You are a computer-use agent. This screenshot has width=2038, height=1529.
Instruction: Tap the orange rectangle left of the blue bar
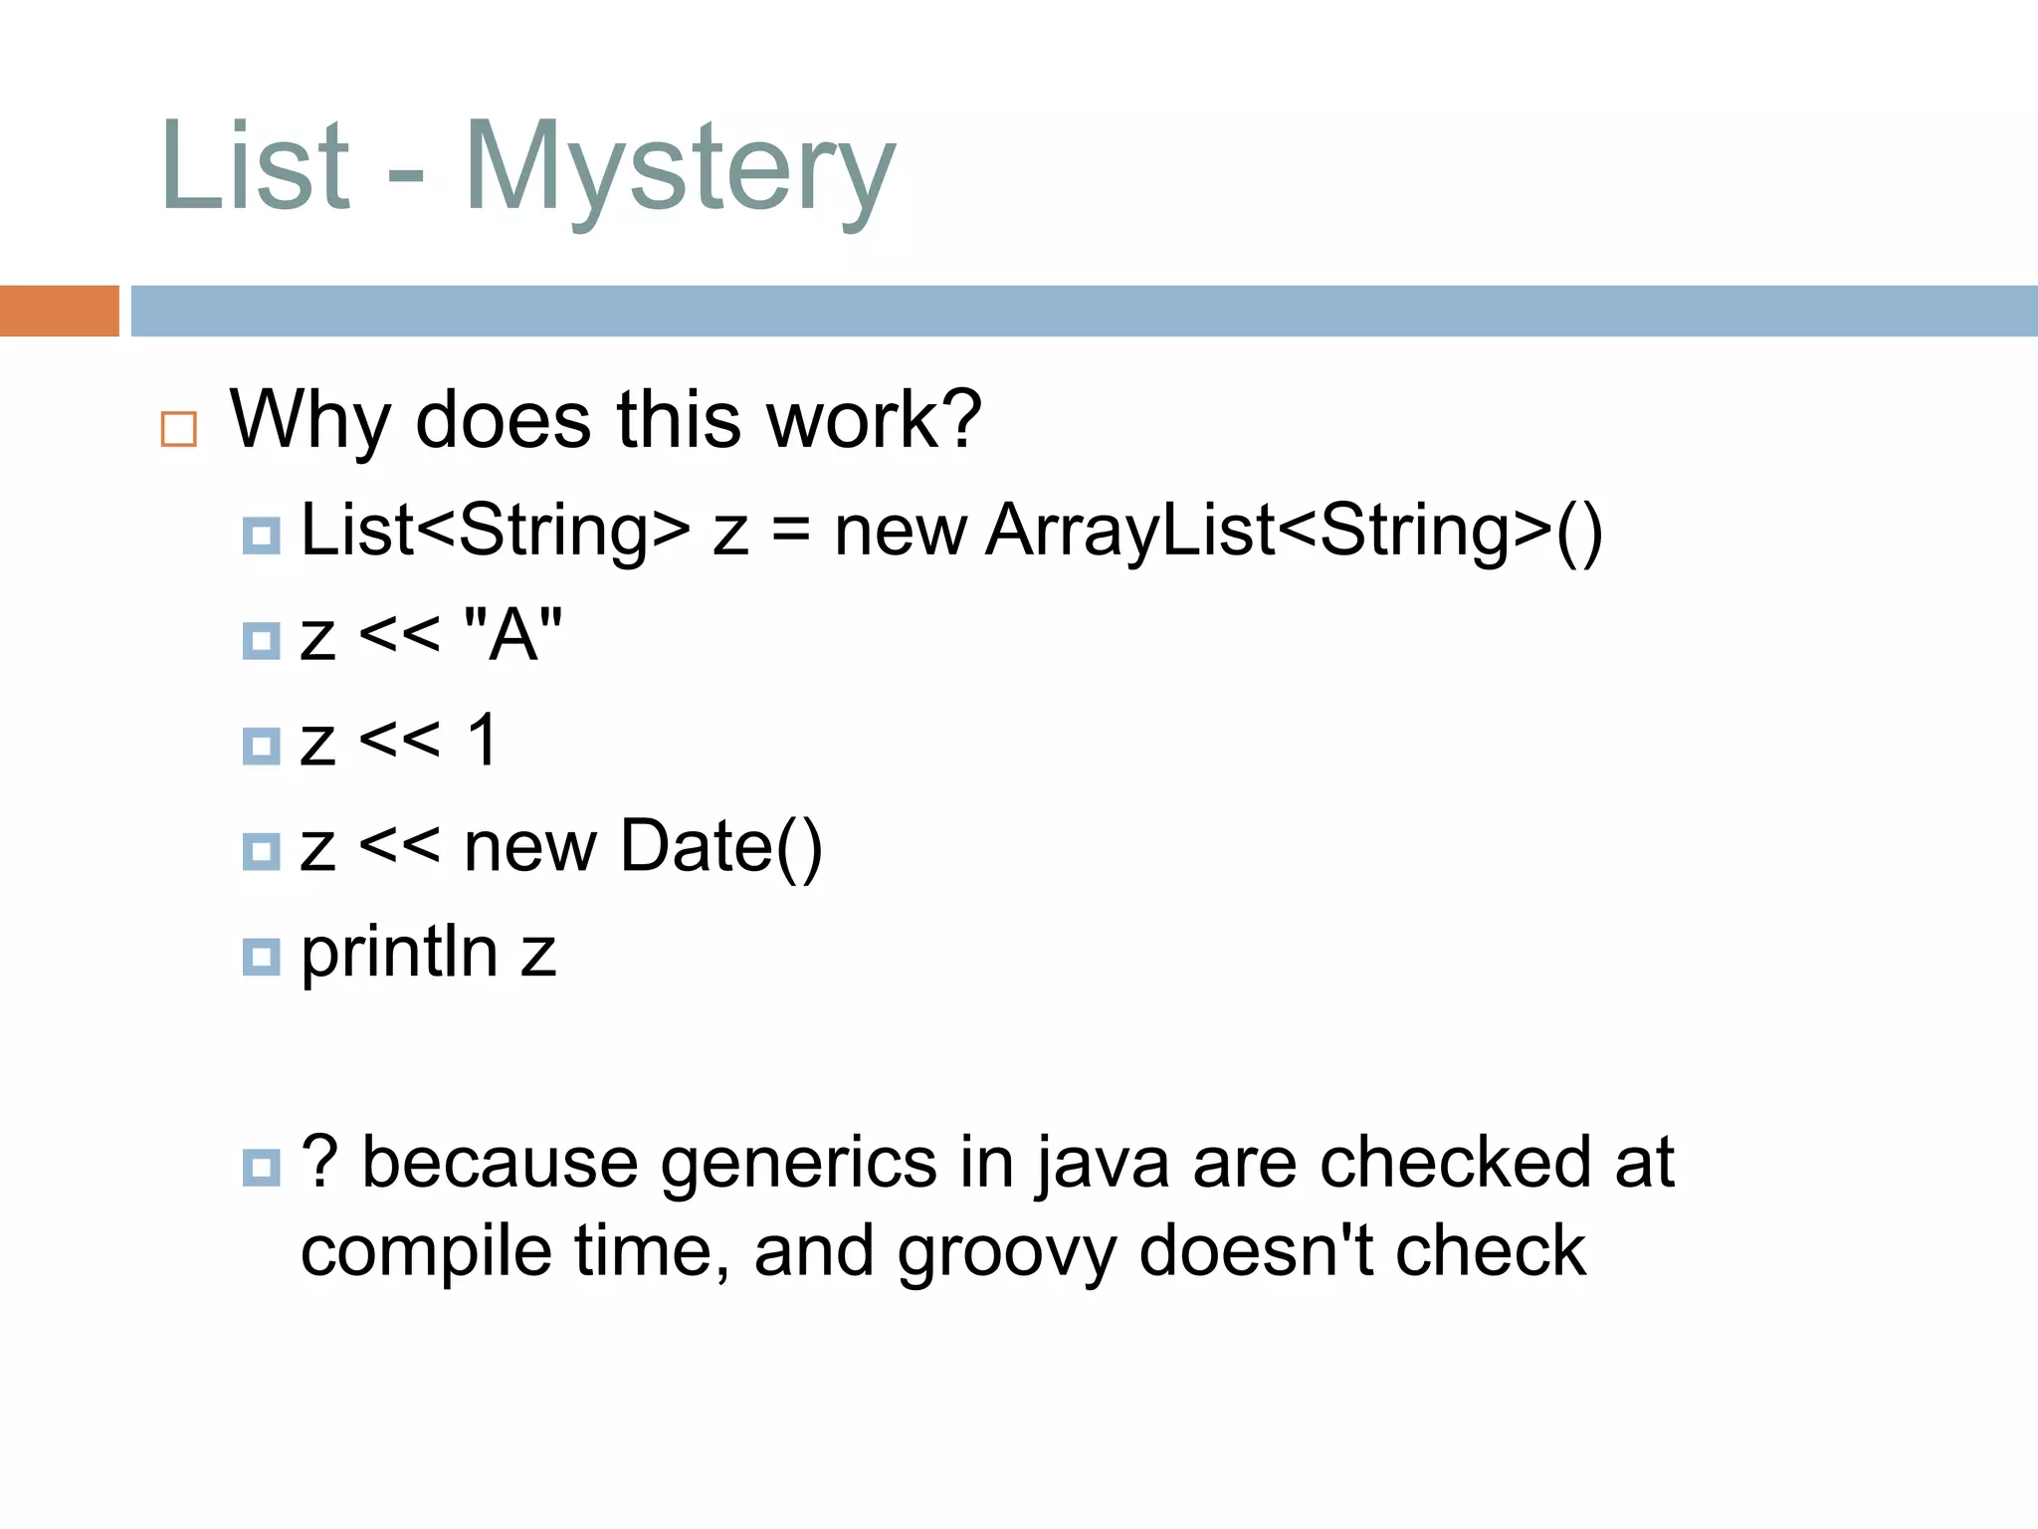click(59, 311)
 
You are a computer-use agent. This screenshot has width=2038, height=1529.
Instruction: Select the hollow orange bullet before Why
click(179, 429)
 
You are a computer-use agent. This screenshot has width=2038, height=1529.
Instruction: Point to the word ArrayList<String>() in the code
click(1294, 531)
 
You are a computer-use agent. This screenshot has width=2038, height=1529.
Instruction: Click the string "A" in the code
click(513, 634)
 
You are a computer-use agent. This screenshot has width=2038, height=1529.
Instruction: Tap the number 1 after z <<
click(483, 741)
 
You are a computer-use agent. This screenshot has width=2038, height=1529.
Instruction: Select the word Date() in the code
click(721, 847)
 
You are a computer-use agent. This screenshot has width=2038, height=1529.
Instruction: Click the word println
click(399, 953)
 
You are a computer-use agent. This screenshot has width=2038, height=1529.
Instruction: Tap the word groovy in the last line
click(1006, 1252)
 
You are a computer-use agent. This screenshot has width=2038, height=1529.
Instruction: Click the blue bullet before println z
click(261, 957)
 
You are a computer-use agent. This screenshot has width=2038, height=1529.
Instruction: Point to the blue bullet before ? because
click(261, 1167)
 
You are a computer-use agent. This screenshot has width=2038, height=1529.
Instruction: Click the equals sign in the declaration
click(791, 531)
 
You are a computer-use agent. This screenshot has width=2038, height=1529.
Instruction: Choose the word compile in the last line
click(426, 1252)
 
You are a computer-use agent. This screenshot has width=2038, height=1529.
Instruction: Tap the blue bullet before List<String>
click(261, 536)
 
